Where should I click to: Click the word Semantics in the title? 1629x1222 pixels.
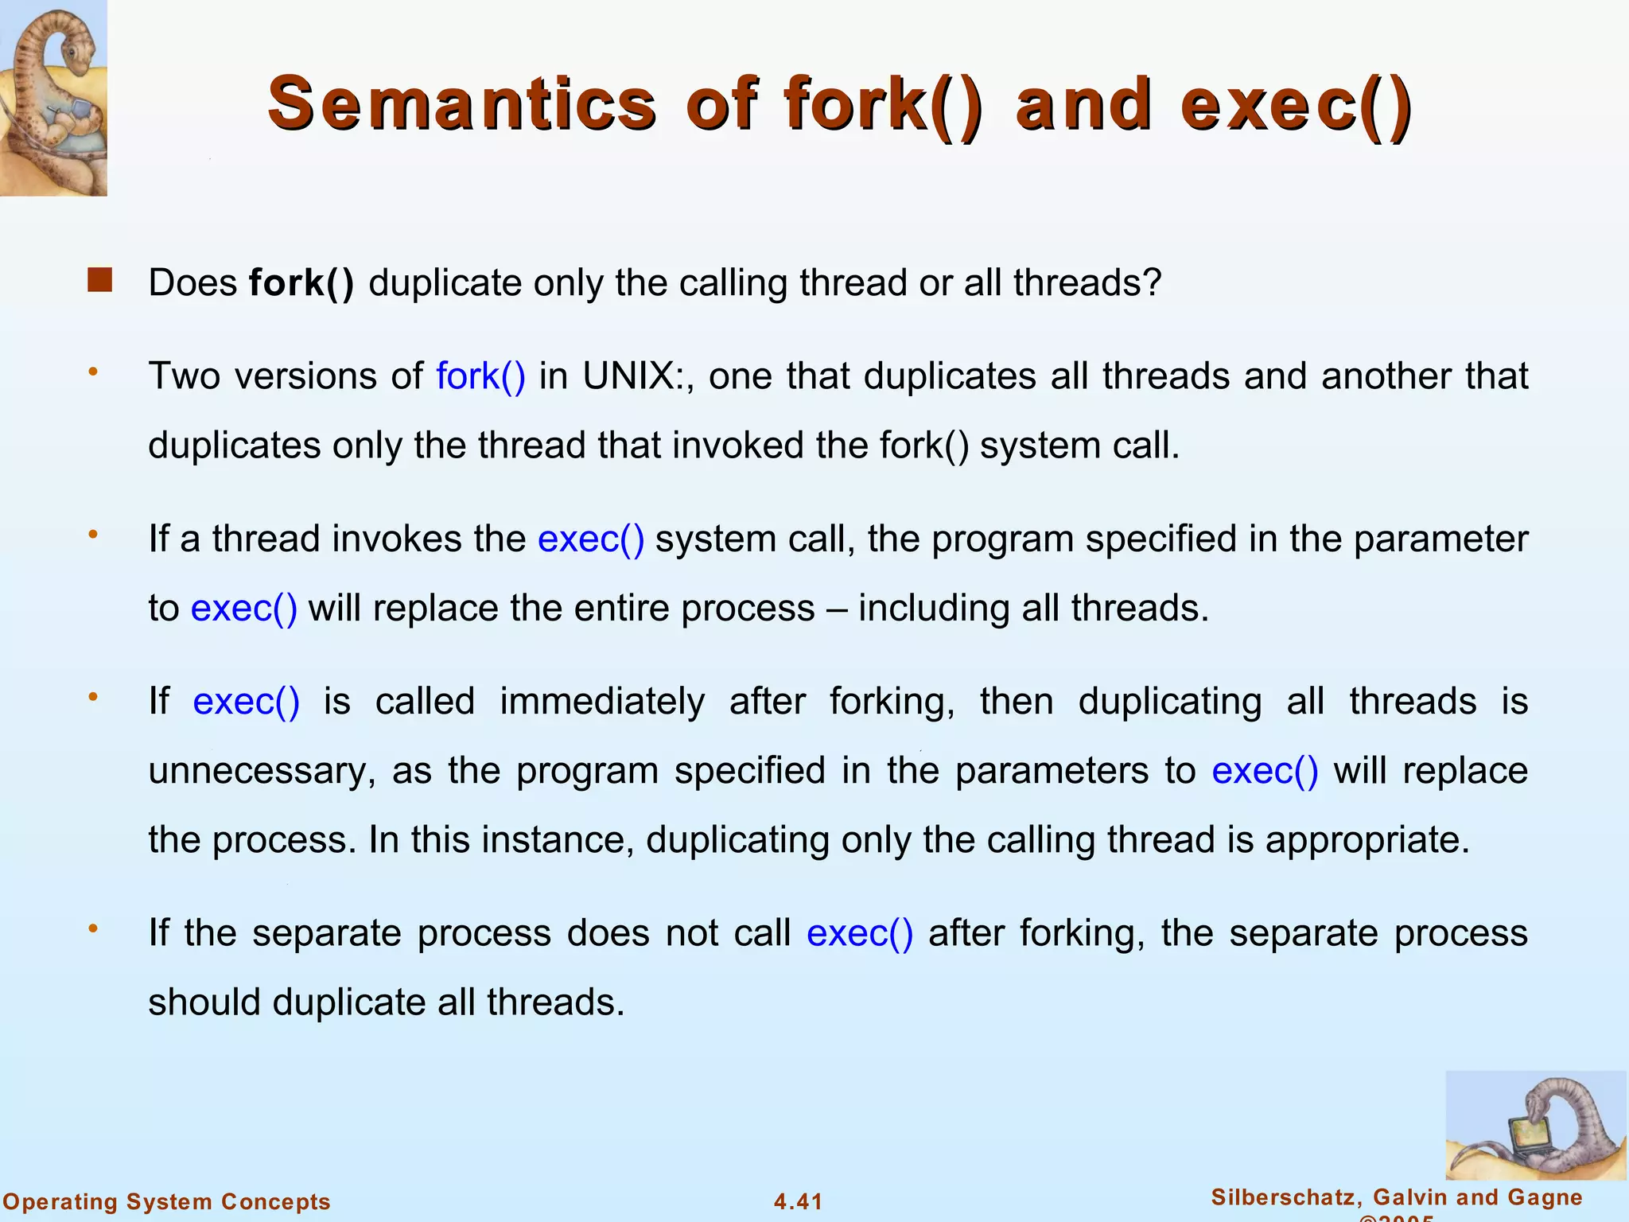click(462, 103)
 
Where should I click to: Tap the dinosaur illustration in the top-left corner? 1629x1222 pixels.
click(52, 97)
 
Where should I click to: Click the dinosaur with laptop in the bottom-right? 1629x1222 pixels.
click(1535, 1125)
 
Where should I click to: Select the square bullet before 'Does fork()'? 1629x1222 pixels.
click(100, 280)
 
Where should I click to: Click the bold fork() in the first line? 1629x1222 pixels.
click(301, 282)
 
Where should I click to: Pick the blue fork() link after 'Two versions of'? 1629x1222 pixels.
click(480, 376)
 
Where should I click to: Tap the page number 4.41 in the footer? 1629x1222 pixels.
click(798, 1201)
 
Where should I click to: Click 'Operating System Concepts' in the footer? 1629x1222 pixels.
click(166, 1201)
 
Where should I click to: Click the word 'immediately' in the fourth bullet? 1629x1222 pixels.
click(602, 702)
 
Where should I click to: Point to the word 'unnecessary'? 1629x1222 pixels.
click(258, 771)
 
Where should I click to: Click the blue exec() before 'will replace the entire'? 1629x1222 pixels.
click(244, 609)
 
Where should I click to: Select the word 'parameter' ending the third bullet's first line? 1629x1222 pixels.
click(1440, 539)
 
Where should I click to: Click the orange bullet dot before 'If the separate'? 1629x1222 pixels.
click(93, 928)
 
